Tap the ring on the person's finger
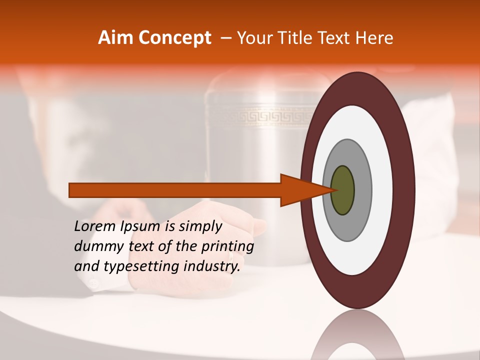[x=231, y=255]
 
